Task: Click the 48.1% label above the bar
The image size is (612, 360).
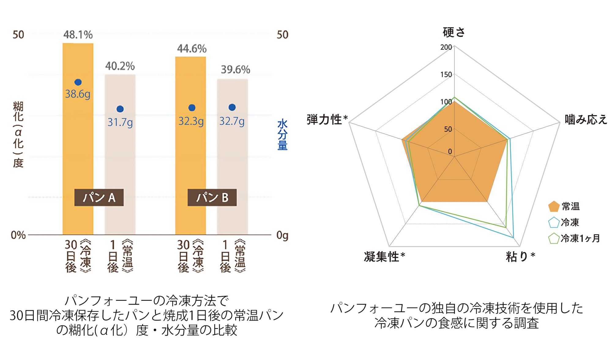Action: tap(78, 35)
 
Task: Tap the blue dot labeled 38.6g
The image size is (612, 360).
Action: tap(78, 82)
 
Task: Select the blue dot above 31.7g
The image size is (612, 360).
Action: tap(120, 109)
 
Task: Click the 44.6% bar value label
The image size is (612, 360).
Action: tap(192, 49)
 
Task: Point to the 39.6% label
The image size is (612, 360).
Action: tap(235, 70)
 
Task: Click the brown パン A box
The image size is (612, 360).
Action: tap(99, 198)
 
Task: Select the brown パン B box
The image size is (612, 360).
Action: tap(212, 198)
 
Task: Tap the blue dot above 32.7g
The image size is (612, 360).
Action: tap(232, 107)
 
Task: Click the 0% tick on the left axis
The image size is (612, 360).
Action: tap(18, 235)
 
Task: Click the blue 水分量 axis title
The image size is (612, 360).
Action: tap(282, 135)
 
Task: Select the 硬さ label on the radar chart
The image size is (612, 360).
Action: tap(454, 32)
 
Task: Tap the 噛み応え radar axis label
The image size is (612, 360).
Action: tap(586, 119)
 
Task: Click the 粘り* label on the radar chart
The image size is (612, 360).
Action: tap(520, 256)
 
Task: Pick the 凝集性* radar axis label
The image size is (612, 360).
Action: tap(384, 256)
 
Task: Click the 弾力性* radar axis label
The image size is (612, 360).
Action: tap(327, 119)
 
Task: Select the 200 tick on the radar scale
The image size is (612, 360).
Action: tap(446, 47)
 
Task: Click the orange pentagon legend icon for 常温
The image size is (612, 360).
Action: tap(554, 206)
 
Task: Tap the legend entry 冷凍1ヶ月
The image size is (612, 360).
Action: tap(580, 238)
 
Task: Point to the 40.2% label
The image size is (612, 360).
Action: tap(120, 66)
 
